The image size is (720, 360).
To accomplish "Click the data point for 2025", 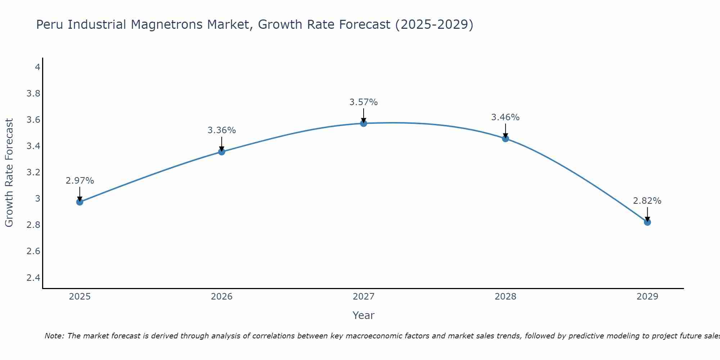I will point(80,202).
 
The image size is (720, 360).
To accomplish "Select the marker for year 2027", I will point(364,123).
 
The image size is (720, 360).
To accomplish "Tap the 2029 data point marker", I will point(647,222).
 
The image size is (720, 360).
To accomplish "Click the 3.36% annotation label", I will point(221,130).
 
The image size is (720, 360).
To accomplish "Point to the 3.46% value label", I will point(505,117).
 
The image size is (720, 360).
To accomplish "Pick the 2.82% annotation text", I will point(647,201).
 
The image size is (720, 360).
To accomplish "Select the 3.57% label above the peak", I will point(364,102).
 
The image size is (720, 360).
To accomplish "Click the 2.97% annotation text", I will point(80,181).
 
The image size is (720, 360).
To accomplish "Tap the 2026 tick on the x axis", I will point(221,297).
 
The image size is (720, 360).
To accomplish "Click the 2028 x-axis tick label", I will point(505,297).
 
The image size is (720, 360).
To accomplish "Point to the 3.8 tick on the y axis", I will point(33,94).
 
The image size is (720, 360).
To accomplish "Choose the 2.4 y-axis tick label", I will point(33,278).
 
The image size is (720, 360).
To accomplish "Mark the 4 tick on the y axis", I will point(37,67).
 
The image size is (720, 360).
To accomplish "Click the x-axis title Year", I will point(364,315).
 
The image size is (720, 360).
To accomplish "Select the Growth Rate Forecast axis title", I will point(9,173).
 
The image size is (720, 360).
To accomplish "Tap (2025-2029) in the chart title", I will point(434,25).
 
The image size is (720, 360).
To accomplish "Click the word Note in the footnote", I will point(54,336).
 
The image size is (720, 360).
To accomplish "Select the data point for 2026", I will point(221,152).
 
